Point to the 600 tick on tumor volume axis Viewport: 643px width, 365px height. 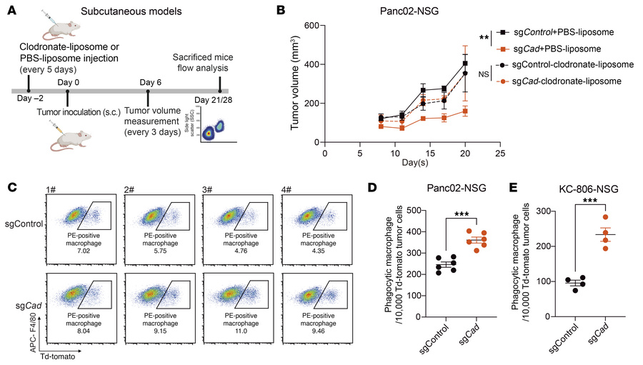[313, 26]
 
